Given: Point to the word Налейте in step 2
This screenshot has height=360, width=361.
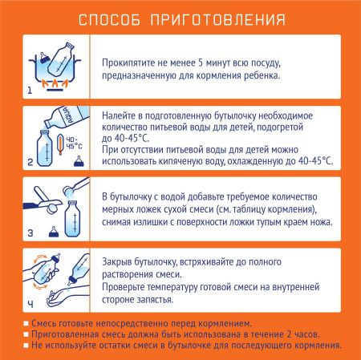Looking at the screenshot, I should pos(120,115).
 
